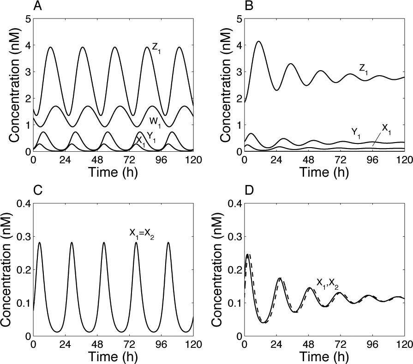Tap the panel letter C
[x=38, y=190]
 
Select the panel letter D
[x=249, y=190]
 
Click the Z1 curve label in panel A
[x=156, y=48]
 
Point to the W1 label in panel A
[x=156, y=122]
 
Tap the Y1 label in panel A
[x=151, y=137]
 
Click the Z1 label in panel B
[x=363, y=70]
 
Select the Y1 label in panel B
[x=356, y=133]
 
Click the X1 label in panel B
[x=386, y=129]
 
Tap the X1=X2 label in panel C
[x=142, y=234]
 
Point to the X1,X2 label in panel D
[x=327, y=284]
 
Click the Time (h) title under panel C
[x=113, y=357]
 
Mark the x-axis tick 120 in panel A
[x=193, y=160]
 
